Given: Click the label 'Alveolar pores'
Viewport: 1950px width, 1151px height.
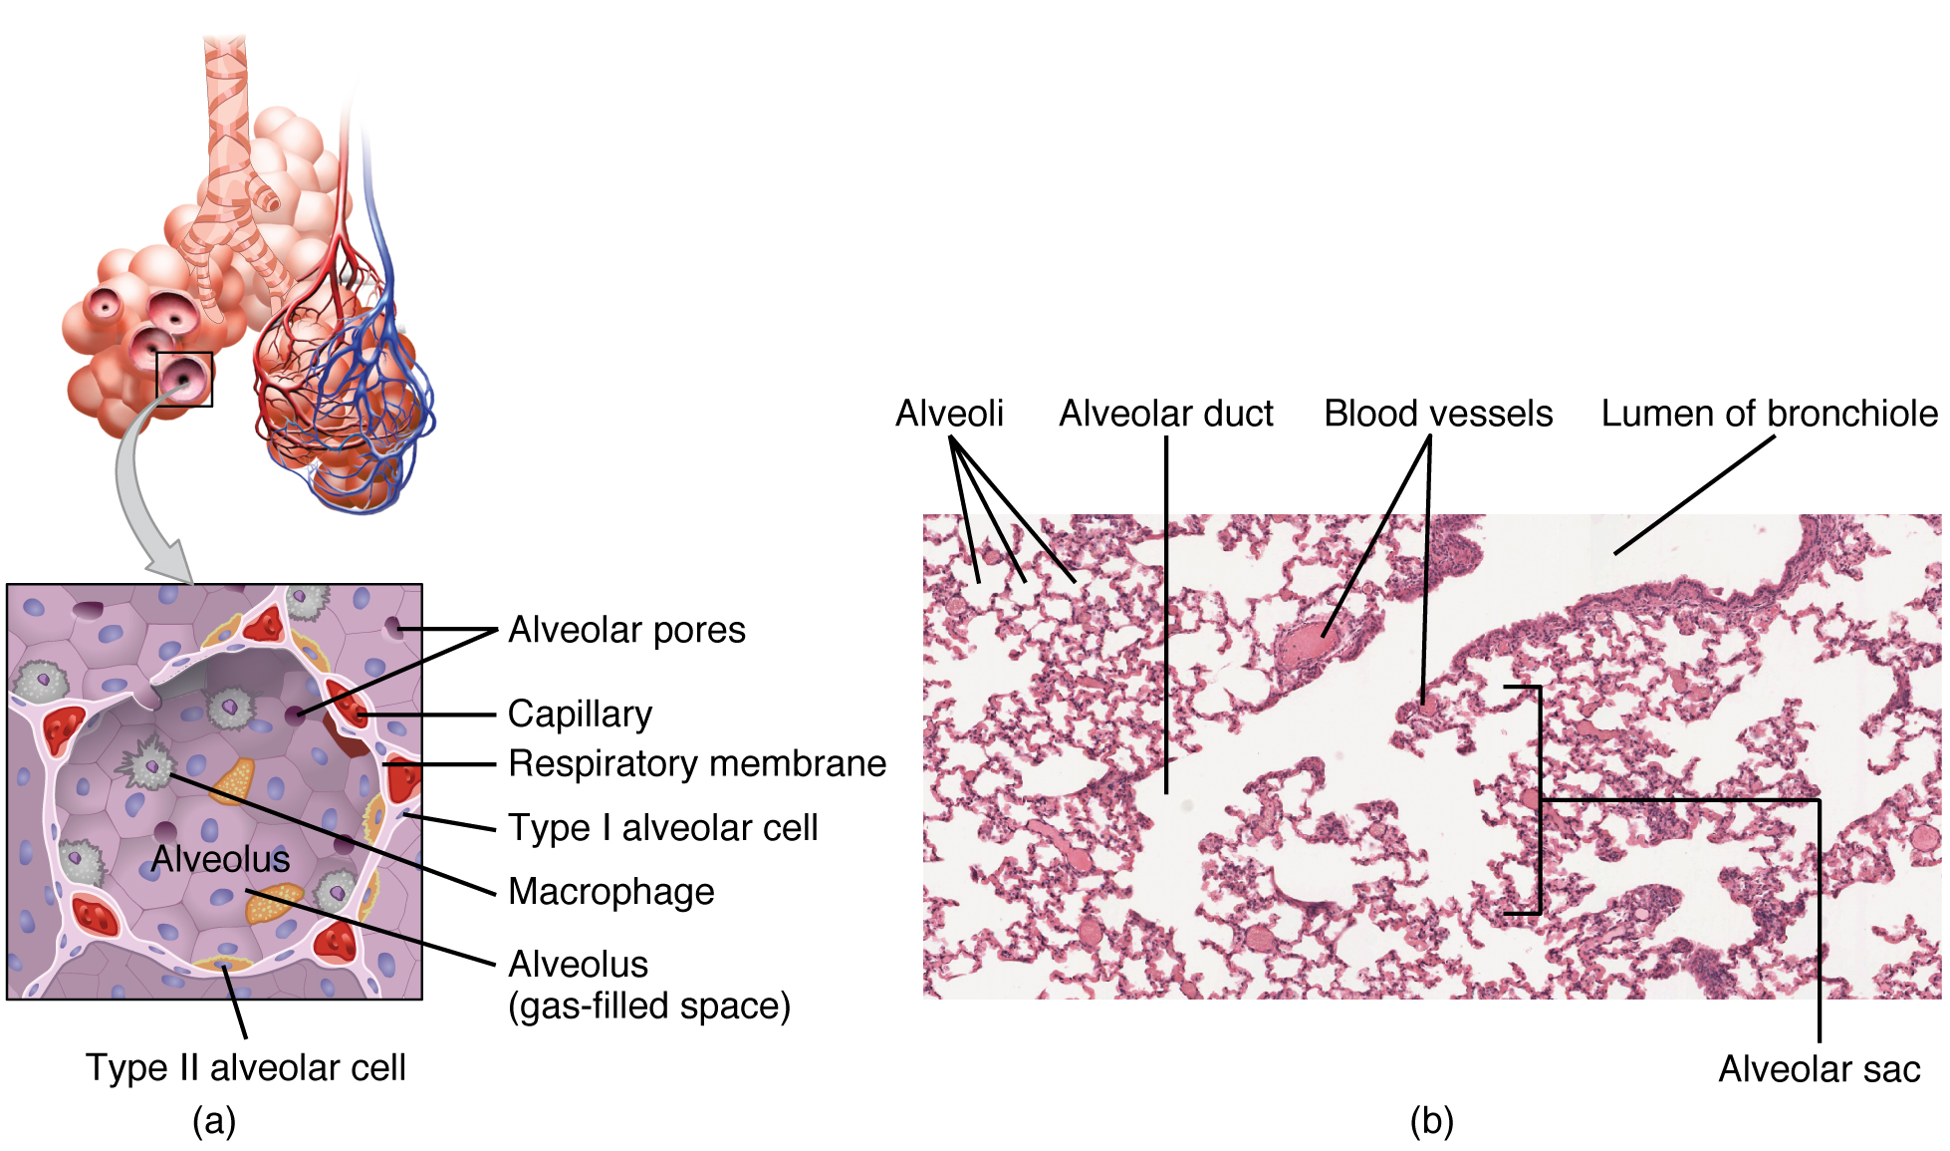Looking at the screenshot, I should pos(626,630).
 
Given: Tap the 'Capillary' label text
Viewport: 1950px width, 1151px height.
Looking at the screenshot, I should pos(580,714).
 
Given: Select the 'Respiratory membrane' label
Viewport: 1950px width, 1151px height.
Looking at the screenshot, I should pos(697,763).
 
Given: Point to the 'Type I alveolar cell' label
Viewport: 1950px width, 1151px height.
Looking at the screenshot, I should pos(663,827).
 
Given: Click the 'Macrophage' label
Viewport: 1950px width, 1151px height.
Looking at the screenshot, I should pos(611,891).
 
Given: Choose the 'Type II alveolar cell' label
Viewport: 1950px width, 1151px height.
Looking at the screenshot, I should pos(245,1067).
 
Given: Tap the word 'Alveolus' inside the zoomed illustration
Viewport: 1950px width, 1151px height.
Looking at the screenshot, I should pos(220,859).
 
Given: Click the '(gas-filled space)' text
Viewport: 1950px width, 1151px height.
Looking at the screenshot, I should pos(649,1006).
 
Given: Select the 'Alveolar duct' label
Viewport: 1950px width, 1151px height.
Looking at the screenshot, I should pos(1165,413).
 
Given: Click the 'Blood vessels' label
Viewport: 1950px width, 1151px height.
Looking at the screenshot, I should pos(1437,413).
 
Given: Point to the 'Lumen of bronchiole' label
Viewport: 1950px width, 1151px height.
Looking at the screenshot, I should pos(1769,413).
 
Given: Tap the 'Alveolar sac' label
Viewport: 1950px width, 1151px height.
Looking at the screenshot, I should pos(1819,1068).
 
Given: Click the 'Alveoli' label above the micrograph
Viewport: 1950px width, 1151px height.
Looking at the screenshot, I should pos(949,413).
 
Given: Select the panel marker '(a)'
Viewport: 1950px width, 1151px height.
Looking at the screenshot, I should pos(214,1121).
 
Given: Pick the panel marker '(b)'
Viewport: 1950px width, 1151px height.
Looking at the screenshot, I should pos(1431,1121).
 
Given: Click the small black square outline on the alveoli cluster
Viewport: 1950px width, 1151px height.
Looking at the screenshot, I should pos(184,380).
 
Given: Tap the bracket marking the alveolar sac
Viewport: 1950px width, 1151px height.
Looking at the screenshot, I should pos(1540,799).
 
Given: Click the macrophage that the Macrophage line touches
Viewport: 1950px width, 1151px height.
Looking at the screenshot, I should pos(149,764).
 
